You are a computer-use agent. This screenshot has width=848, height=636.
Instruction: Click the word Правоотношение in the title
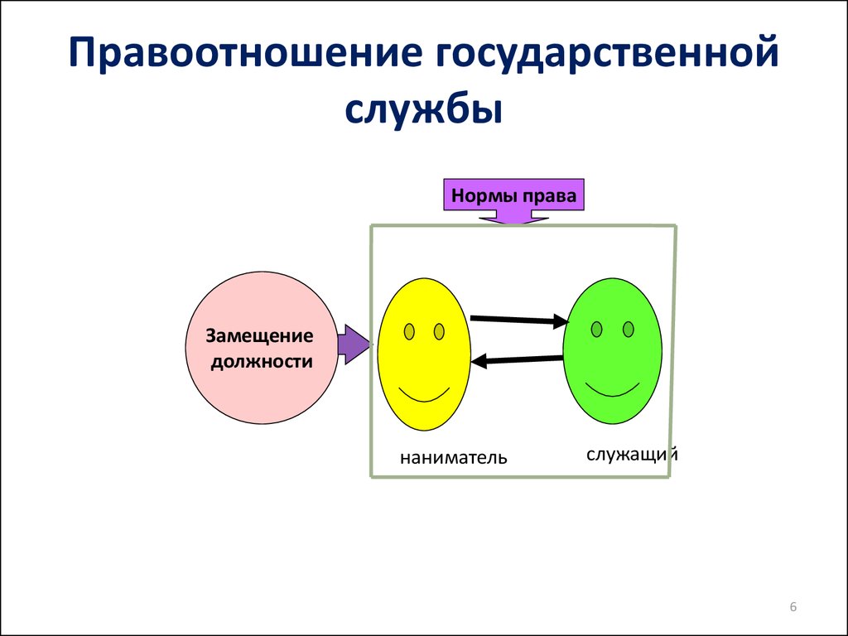coord(245,54)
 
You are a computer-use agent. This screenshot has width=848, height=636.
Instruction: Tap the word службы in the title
coord(424,110)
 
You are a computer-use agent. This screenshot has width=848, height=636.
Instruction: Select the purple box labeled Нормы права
coord(513,195)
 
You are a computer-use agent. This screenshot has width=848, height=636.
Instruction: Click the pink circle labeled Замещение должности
coord(262,348)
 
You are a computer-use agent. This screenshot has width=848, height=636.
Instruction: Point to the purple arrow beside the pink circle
coord(354,344)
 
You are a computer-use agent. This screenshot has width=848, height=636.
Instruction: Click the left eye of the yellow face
coord(409,331)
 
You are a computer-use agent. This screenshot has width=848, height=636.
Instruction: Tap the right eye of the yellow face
coord(439,331)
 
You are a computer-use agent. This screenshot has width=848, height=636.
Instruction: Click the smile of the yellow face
coord(424,395)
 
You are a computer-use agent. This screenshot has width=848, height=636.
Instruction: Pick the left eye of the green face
coord(596,329)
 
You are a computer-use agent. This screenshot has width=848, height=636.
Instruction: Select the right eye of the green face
coord(629,329)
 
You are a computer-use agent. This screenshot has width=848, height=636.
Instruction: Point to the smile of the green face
coord(612,391)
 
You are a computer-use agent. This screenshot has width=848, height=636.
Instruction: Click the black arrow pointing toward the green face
coord(519,320)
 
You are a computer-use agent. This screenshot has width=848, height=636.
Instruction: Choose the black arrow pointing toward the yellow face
coord(517,359)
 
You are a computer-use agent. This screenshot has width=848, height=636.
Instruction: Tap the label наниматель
coord(454,457)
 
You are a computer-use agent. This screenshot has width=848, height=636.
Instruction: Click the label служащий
coord(632,455)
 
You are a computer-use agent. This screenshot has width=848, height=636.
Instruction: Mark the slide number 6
coord(793,607)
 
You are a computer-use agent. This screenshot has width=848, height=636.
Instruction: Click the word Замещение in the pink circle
coord(259,336)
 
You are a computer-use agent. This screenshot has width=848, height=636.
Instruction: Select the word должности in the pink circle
coord(262,361)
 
